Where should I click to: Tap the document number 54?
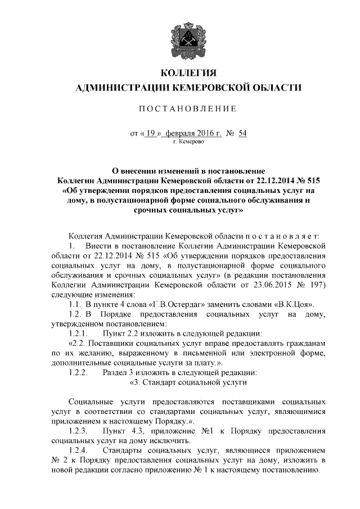point(242,133)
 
